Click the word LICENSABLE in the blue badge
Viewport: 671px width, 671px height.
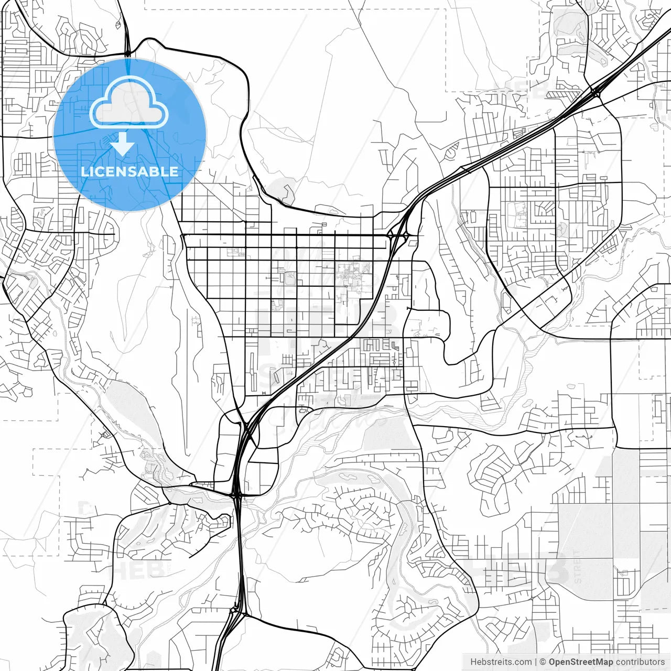(129, 171)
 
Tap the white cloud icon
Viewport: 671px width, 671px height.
(129, 103)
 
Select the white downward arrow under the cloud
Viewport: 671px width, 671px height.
(123, 144)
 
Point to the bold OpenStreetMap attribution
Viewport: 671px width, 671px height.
(581, 662)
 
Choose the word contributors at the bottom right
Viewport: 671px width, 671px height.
(640, 662)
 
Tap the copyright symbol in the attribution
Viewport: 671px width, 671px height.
(543, 662)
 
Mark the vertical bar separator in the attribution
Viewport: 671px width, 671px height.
(535, 662)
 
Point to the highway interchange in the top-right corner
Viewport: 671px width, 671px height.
(596, 93)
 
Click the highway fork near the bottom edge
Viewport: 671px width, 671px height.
(234, 613)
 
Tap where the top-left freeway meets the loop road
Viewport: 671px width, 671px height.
(127, 53)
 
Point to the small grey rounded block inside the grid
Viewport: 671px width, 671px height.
(289, 277)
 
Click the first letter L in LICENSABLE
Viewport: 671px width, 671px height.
(84, 171)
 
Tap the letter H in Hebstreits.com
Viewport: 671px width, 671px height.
(473, 662)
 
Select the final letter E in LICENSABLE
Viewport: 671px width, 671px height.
(174, 171)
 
